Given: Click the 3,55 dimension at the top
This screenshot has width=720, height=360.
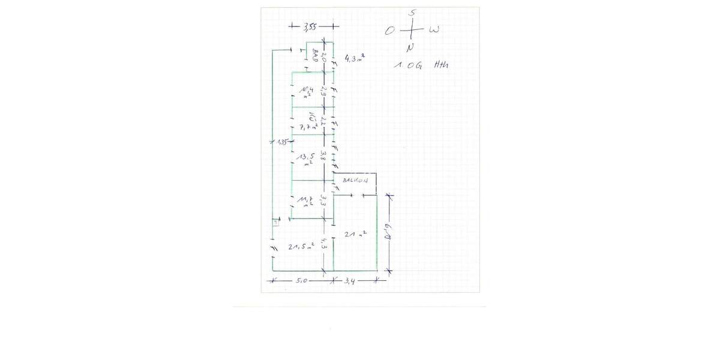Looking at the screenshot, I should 310,26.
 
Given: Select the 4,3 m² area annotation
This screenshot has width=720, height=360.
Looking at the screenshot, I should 355,58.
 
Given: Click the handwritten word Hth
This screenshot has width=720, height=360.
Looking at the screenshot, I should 440,65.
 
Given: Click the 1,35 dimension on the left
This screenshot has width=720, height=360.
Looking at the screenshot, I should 281,142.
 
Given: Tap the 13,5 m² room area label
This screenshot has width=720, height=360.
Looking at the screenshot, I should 307,159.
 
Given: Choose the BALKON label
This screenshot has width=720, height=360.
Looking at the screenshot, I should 355,180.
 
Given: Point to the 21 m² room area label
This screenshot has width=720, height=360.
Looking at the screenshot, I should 356,233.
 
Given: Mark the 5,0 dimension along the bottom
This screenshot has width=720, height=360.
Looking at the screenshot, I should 302,280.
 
